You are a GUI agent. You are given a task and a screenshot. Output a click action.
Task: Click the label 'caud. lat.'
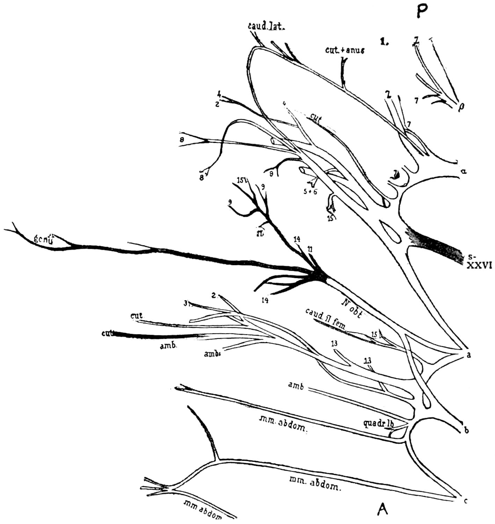tap(266, 26)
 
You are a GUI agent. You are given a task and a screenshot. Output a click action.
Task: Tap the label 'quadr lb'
tap(379, 424)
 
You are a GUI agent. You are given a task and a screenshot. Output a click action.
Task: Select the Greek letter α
tap(464, 172)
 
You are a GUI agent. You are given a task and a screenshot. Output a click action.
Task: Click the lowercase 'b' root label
tap(466, 430)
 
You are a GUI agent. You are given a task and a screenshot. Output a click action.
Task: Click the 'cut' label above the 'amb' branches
tap(136, 316)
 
